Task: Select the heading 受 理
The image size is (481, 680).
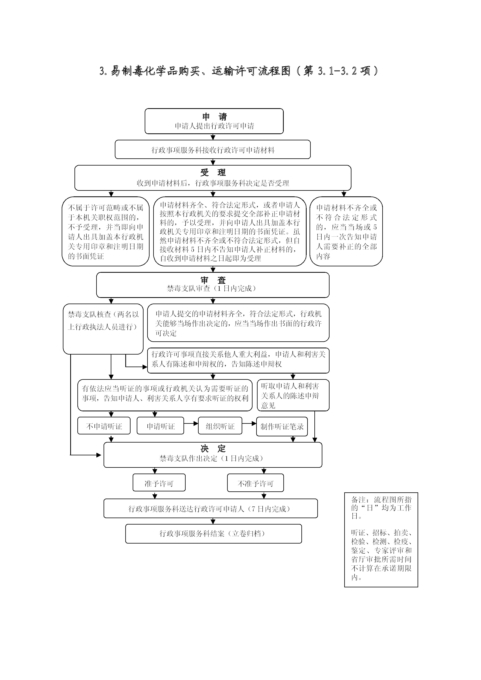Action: click(x=213, y=172)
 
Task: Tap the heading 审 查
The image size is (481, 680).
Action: click(x=213, y=280)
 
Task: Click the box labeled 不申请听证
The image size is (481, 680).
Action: click(x=104, y=426)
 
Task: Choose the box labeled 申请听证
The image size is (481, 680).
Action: click(x=160, y=426)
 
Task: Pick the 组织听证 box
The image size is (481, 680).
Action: click(x=220, y=426)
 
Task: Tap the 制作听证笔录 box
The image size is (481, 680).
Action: click(x=282, y=426)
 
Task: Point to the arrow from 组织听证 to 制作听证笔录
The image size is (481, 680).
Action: click(x=249, y=424)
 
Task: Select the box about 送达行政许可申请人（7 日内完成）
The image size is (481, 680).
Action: click(x=211, y=508)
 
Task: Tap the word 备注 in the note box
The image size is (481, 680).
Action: click(x=358, y=500)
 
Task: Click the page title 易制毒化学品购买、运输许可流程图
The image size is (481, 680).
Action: click(x=200, y=71)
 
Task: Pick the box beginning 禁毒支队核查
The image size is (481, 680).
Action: click(x=103, y=329)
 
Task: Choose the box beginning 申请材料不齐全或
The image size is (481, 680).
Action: click(x=346, y=231)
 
